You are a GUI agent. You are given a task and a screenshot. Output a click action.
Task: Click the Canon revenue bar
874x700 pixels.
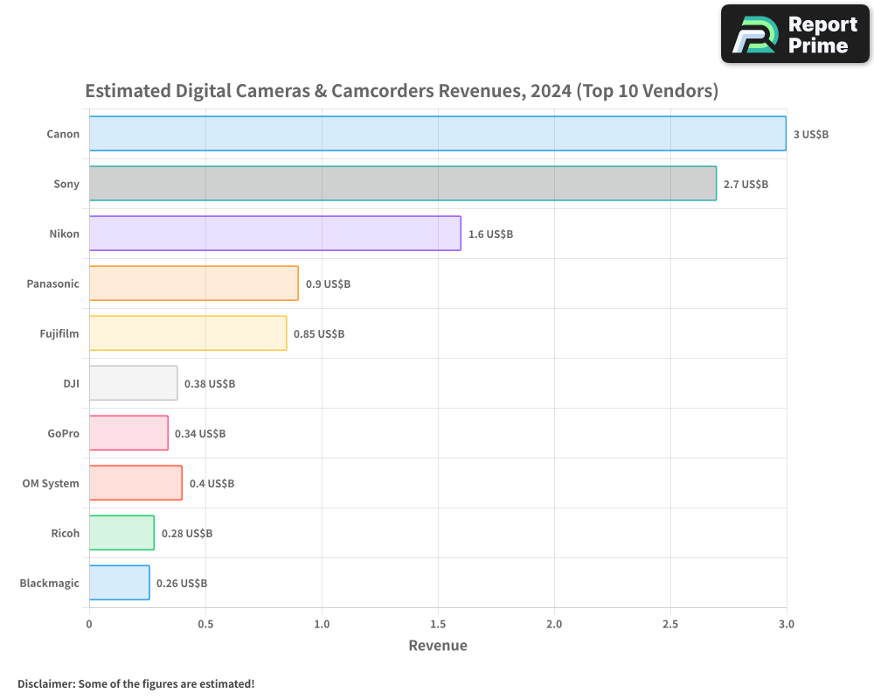coord(438,133)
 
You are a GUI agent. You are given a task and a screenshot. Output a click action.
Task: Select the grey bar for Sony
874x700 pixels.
coord(403,183)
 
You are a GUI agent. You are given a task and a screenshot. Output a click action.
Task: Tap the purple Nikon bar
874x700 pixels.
coord(275,234)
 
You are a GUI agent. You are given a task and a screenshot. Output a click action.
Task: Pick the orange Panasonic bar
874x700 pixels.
coord(194,283)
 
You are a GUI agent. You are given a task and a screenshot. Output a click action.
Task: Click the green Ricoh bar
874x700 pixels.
coord(122,533)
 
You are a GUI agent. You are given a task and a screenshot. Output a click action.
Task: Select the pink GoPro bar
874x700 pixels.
coord(128,432)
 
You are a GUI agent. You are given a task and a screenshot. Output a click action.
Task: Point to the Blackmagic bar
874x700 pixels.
coord(119,582)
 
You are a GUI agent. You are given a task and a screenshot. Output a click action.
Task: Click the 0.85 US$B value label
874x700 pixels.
coord(319,333)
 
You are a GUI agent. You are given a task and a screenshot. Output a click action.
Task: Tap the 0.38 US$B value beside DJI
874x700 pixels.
coord(210,383)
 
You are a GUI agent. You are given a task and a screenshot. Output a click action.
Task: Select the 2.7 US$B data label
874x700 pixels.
coord(746,185)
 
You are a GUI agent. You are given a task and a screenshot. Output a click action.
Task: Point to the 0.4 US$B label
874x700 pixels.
coord(212,483)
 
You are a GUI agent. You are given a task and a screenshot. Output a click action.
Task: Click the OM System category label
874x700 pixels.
coord(51,483)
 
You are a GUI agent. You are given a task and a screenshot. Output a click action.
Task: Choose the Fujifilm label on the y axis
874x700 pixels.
coord(59,333)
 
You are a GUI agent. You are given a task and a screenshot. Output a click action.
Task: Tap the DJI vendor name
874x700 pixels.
coord(71,383)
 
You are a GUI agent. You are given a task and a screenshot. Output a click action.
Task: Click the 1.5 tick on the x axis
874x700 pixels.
coord(438,624)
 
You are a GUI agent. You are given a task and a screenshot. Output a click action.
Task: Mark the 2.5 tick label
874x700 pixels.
coord(670,624)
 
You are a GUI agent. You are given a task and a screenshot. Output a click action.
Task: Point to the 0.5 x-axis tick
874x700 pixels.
coord(205,624)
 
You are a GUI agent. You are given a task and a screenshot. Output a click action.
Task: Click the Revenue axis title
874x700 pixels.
coord(438,645)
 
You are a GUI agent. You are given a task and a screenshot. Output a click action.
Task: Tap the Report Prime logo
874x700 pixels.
coord(795,34)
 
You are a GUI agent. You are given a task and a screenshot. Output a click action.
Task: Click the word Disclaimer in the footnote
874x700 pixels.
coord(46,683)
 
